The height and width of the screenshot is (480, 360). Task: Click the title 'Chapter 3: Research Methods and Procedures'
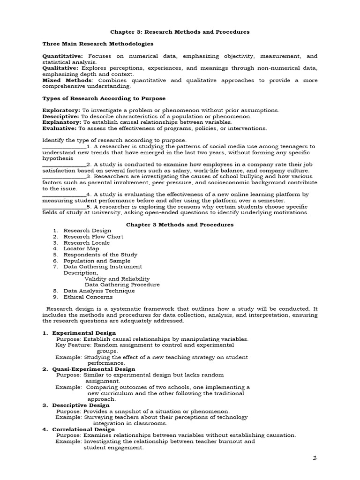click(x=180, y=32)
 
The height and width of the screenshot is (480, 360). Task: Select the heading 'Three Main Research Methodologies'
click(x=97, y=44)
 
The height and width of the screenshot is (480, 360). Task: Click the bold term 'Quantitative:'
click(x=62, y=56)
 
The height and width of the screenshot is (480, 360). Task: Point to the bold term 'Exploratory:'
click(x=61, y=110)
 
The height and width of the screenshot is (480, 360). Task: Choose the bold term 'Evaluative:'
click(x=60, y=128)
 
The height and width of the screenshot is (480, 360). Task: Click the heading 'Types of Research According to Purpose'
click(x=104, y=98)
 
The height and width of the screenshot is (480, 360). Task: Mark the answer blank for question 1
click(x=64, y=147)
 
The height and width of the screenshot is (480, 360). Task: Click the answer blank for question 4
click(x=64, y=195)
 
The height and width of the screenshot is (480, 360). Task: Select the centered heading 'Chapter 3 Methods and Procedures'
click(x=180, y=225)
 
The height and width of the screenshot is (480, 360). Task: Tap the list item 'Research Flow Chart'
click(x=93, y=237)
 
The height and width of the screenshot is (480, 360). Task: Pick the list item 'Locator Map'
click(x=81, y=249)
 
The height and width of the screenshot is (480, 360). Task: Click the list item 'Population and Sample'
click(x=97, y=261)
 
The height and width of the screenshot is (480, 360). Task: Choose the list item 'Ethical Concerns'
click(x=88, y=297)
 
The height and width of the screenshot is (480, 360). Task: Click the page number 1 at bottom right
click(x=315, y=458)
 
